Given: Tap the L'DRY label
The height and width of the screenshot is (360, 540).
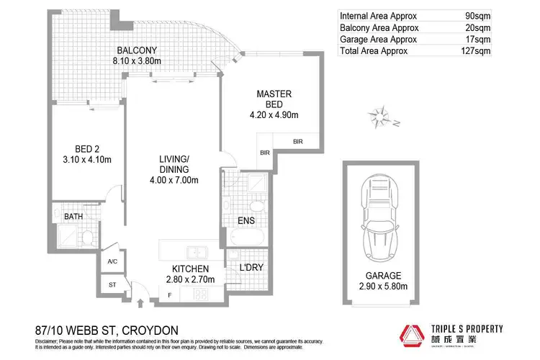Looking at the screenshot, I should tap(251, 268).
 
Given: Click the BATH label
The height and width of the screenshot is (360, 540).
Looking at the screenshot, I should tap(73, 216).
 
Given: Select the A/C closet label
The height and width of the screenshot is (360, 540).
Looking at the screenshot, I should tap(113, 262).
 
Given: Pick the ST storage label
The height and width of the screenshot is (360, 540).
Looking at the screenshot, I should tap(113, 285).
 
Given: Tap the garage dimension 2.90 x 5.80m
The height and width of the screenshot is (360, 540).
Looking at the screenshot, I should tap(383, 287).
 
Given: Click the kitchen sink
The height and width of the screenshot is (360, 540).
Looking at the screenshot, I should tap(195, 251).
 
